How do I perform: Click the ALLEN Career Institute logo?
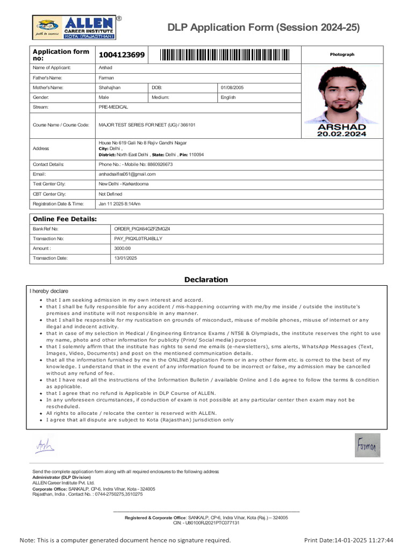click(74, 27)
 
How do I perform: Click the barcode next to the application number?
click(224, 55)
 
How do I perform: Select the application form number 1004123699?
click(122, 55)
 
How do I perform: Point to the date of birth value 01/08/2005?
click(232, 87)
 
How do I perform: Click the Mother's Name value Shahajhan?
click(110, 87)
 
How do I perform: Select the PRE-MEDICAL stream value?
click(113, 107)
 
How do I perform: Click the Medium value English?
click(228, 97)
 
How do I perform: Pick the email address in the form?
click(127, 174)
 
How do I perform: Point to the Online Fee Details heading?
click(65, 219)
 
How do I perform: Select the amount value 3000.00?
click(123, 249)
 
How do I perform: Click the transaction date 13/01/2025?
click(126, 258)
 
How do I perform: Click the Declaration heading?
click(206, 279)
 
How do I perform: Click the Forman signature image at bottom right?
click(367, 446)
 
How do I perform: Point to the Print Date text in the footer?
click(348, 540)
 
